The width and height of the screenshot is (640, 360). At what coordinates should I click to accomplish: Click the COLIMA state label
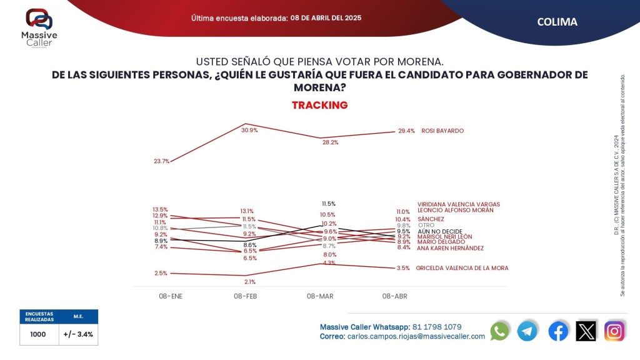pyautogui.click(x=557, y=22)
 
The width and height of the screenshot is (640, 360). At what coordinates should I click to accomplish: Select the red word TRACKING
pyautogui.click(x=319, y=105)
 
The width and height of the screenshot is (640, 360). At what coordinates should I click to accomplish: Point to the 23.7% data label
pyautogui.click(x=161, y=161)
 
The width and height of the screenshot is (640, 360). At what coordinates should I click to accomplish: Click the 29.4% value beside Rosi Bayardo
pyautogui.click(x=406, y=131)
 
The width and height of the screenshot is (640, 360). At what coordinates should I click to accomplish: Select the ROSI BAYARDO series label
pyautogui.click(x=442, y=131)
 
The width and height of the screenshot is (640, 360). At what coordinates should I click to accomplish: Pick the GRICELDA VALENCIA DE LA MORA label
pyautogui.click(x=462, y=268)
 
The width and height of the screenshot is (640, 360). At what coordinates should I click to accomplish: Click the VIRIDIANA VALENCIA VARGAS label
pyautogui.click(x=458, y=204)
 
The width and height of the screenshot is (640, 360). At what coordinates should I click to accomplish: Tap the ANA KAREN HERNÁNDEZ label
pyautogui.click(x=450, y=248)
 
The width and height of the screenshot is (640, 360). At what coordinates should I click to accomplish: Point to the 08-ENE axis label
pyautogui.click(x=170, y=296)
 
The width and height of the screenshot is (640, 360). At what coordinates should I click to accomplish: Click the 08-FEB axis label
pyautogui.click(x=246, y=296)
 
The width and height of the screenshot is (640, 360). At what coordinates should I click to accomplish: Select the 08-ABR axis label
pyautogui.click(x=394, y=296)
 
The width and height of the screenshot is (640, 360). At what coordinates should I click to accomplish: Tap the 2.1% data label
pyautogui.click(x=250, y=282)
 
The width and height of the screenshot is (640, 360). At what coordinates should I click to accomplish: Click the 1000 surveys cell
pyautogui.click(x=38, y=334)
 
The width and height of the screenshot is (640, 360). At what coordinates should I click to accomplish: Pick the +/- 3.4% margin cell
pyautogui.click(x=78, y=334)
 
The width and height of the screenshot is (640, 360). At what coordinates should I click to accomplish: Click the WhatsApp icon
pyautogui.click(x=499, y=331)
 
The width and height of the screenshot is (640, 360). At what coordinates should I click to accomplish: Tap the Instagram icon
pyautogui.click(x=614, y=331)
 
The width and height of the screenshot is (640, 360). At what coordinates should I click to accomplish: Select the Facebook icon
pyautogui.click(x=557, y=331)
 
